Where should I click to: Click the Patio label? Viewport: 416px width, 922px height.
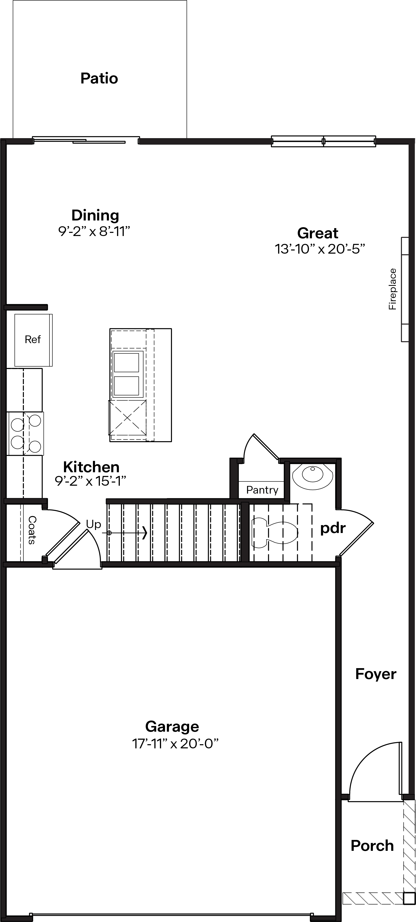point(99,78)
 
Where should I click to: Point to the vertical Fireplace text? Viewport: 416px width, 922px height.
point(393,289)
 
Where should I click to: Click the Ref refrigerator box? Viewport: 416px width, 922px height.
point(33,340)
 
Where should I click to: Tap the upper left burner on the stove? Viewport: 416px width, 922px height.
point(17,425)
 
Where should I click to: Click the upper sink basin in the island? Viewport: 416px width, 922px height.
point(127,363)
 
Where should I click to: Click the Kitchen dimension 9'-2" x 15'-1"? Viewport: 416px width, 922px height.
point(90,481)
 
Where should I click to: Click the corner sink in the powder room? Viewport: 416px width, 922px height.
point(312,474)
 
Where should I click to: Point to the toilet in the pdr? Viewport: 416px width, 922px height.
point(275,532)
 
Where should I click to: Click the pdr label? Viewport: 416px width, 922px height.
point(333,528)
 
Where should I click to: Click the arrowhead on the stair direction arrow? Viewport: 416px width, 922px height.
point(145,533)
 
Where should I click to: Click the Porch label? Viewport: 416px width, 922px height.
point(372,846)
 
